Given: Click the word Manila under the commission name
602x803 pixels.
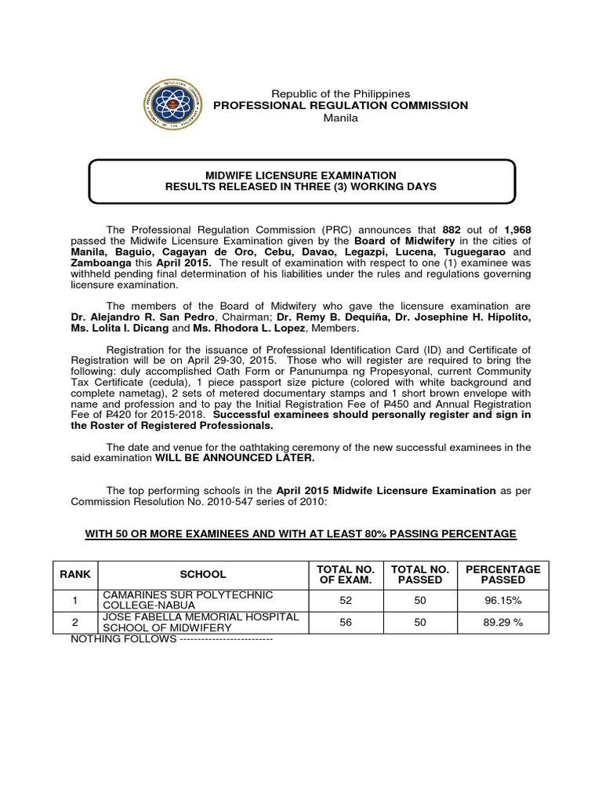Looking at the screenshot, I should point(340,118).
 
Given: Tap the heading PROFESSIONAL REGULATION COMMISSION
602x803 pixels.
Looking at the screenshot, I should point(340,105).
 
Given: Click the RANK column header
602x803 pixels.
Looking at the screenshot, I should point(75,574).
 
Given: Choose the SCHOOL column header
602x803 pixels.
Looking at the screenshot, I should point(203,574).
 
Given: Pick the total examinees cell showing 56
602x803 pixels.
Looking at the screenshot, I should point(346,623).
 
